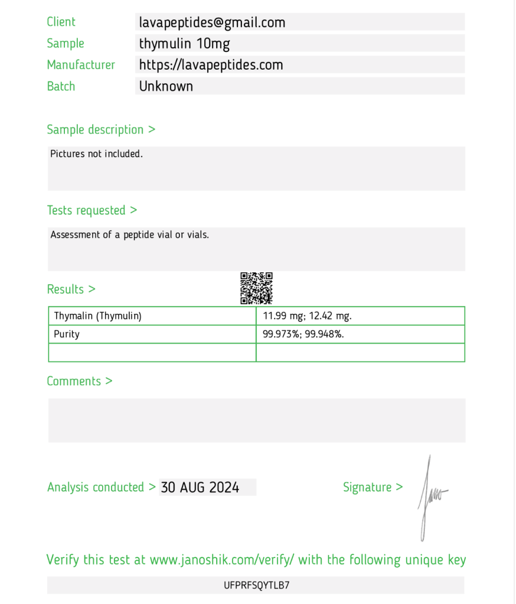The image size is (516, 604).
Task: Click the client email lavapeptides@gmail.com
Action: (x=212, y=23)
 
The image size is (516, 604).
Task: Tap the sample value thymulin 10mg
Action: (x=184, y=44)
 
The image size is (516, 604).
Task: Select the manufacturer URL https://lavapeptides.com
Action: (x=211, y=65)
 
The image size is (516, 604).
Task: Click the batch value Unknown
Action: (x=166, y=86)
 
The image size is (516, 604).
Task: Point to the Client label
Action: (x=61, y=22)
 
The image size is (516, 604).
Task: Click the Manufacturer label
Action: (x=81, y=65)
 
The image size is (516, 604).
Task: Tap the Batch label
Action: (x=61, y=86)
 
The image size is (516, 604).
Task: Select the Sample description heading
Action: (x=101, y=130)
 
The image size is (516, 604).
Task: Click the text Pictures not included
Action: (x=96, y=154)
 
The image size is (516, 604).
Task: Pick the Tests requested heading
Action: (x=92, y=211)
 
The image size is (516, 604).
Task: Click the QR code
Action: (x=256, y=288)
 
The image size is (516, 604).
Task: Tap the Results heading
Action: (x=71, y=290)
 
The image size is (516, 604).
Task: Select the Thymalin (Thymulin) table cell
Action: (x=98, y=316)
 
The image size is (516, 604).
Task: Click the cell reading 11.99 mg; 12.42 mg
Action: (x=307, y=316)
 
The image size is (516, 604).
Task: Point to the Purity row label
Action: (x=67, y=334)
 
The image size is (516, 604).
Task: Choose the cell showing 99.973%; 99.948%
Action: (x=303, y=334)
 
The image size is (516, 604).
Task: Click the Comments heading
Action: (x=79, y=382)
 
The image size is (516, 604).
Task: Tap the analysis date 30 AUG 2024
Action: (x=200, y=488)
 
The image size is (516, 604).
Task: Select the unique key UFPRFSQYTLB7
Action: (x=256, y=586)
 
